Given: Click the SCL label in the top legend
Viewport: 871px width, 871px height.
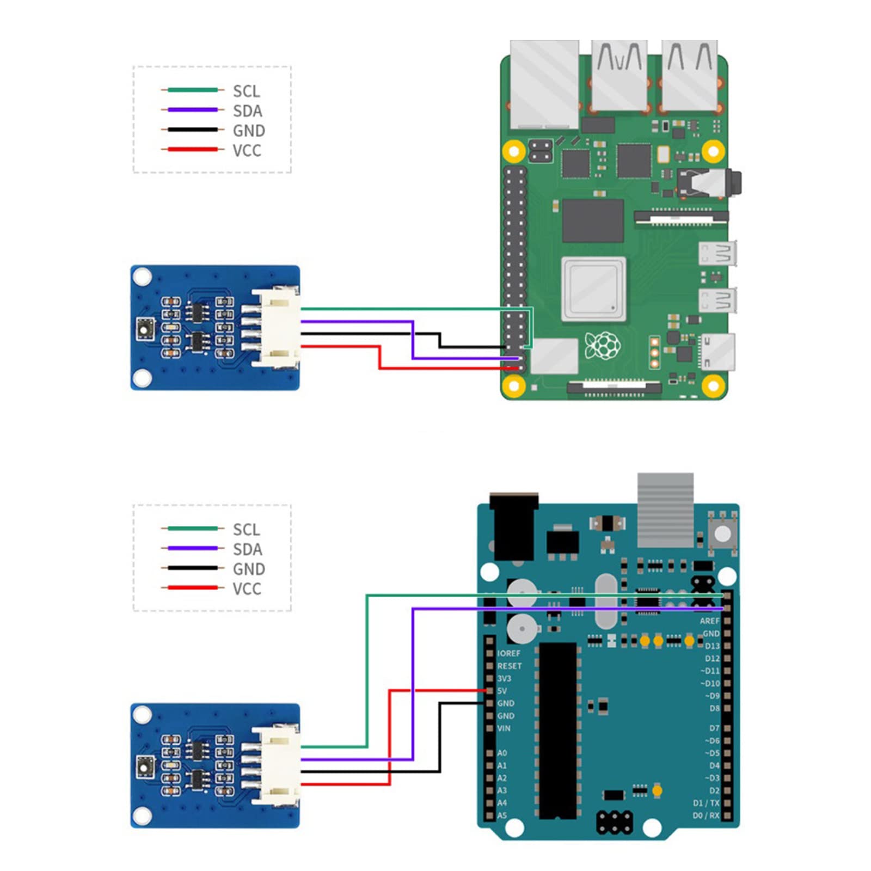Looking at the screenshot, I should [246, 91].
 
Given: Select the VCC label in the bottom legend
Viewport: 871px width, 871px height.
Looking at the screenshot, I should [247, 589].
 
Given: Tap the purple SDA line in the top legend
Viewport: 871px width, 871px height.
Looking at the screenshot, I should [193, 110].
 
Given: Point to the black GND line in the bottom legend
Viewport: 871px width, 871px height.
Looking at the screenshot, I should [193, 568].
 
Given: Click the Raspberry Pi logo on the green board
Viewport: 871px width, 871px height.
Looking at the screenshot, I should [603, 345].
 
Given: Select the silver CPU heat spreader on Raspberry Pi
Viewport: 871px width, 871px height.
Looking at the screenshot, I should [593, 289].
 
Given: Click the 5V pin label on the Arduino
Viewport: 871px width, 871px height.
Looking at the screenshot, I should [502, 691].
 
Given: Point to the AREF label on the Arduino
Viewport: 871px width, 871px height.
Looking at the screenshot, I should [709, 621].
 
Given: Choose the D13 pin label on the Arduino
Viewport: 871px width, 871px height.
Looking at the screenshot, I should [712, 646].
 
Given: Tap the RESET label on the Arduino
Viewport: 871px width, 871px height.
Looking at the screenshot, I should [509, 666].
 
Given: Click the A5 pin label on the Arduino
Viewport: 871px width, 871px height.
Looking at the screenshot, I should [502, 815].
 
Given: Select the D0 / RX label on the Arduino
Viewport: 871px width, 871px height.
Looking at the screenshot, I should [706, 815].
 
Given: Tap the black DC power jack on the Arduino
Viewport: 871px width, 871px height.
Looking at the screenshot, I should [513, 526].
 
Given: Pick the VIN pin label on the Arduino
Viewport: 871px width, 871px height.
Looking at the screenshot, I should [504, 728].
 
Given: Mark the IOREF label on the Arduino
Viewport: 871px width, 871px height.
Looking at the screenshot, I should [508, 653].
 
